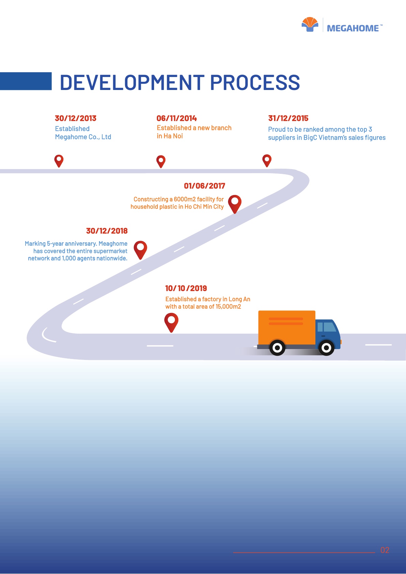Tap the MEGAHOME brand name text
pyautogui.click(x=353, y=28)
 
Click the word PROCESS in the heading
pyautogui.click(x=255, y=82)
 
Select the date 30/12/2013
pyautogui.click(x=76, y=118)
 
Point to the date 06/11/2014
pyautogui.click(x=177, y=118)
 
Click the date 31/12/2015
pyautogui.click(x=288, y=118)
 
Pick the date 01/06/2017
pyautogui.click(x=205, y=186)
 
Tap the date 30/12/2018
pyautogui.click(x=107, y=231)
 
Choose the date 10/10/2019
pyautogui.click(x=186, y=288)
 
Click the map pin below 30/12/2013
pyautogui.click(x=59, y=160)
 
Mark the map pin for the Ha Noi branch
pyautogui.click(x=161, y=161)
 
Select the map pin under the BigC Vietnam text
pyautogui.click(x=267, y=160)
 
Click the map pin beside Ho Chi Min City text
pyautogui.click(x=235, y=203)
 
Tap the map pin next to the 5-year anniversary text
pyautogui.click(x=140, y=249)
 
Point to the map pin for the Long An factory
pyautogui.click(x=171, y=322)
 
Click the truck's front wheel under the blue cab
pyautogui.click(x=326, y=348)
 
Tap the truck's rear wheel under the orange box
pyautogui.click(x=277, y=348)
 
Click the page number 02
pyautogui.click(x=385, y=550)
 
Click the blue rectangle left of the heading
pyautogui.click(x=26, y=81)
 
